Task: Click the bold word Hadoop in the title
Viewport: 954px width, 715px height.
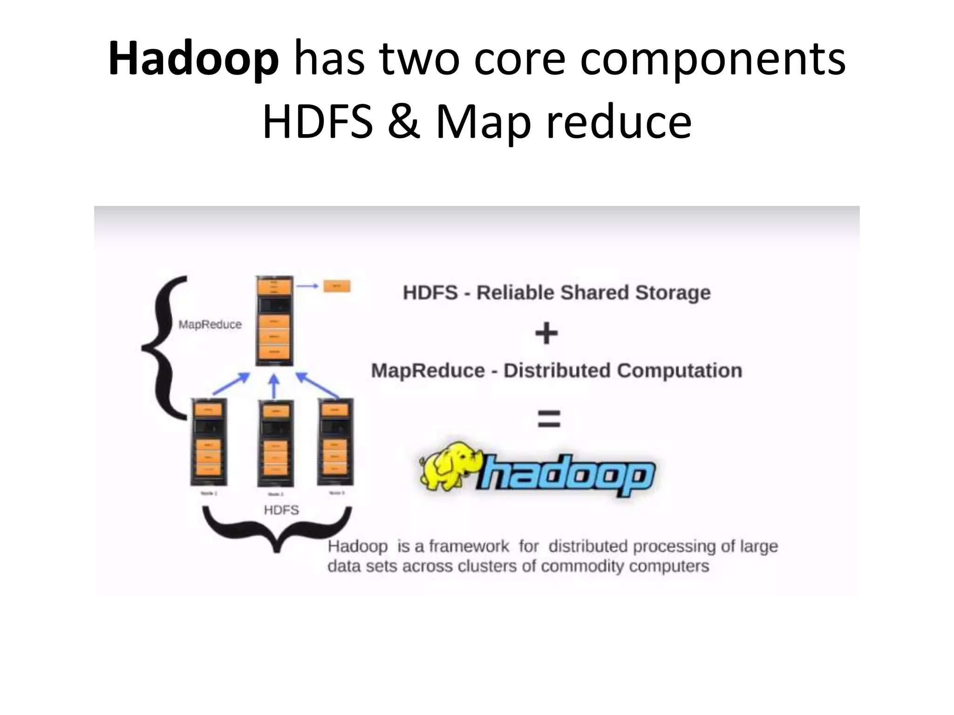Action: [x=193, y=59]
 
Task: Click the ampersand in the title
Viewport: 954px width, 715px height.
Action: [x=404, y=122]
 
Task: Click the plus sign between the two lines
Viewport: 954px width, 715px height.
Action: [x=546, y=333]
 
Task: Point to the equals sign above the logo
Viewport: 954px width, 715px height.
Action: [x=549, y=418]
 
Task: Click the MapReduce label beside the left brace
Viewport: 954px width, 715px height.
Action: [x=210, y=324]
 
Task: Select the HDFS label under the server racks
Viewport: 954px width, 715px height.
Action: [x=281, y=510]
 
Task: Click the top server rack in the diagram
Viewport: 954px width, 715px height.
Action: [x=274, y=321]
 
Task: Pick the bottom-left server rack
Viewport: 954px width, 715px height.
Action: [x=209, y=443]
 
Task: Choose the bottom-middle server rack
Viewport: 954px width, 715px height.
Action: [x=276, y=445]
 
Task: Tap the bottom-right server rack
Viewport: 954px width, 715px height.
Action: [x=335, y=442]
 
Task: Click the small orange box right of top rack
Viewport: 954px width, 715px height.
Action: [x=336, y=286]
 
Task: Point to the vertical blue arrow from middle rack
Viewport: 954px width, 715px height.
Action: [x=274, y=386]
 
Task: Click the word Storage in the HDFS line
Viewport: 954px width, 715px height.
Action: [x=673, y=293]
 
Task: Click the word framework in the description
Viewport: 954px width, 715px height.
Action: [x=469, y=546]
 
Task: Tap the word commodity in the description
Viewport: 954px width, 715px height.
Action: [x=580, y=566]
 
